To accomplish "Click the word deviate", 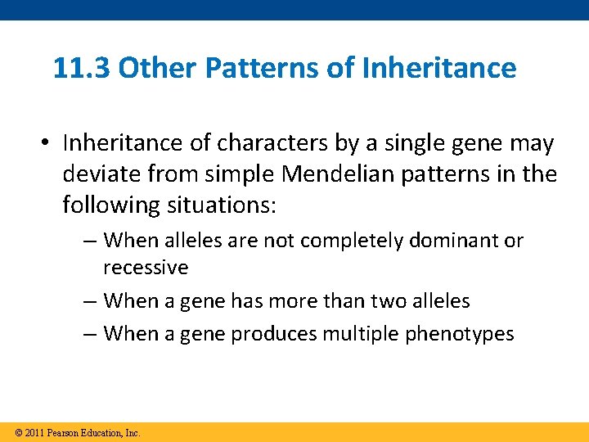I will [99, 174].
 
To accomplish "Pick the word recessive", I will [146, 268].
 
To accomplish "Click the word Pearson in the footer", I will [64, 433].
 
